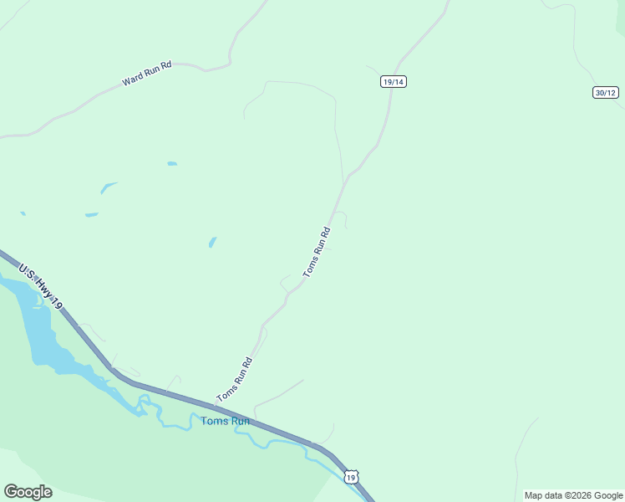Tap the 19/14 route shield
(393, 81)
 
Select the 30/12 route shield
(606, 92)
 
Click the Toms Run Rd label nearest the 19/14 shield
(318, 252)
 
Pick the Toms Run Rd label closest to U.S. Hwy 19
(235, 380)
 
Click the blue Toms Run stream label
(226, 421)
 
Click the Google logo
(28, 492)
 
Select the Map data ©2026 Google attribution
(573, 495)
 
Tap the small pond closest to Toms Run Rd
(212, 242)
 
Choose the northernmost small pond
(172, 163)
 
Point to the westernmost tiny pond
(23, 213)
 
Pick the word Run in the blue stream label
(241, 421)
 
